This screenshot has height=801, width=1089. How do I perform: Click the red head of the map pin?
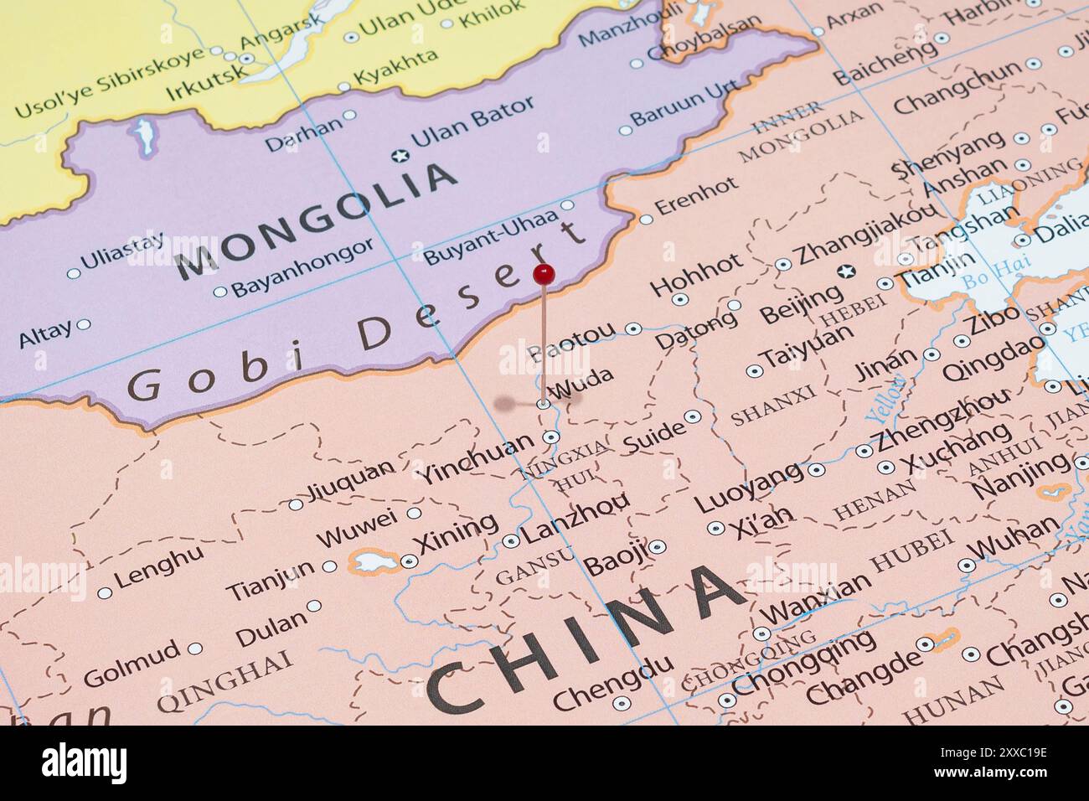pyautogui.click(x=544, y=273)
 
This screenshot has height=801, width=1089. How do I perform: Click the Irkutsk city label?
pyautogui.click(x=207, y=82)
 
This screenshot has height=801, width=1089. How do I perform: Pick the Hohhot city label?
pyautogui.click(x=696, y=274)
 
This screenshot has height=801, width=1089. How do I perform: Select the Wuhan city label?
pyautogui.click(x=1013, y=537)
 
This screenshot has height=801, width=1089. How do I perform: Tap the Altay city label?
pyautogui.click(x=45, y=334)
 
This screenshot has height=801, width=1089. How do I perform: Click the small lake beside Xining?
pyautogui.click(x=369, y=561)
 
